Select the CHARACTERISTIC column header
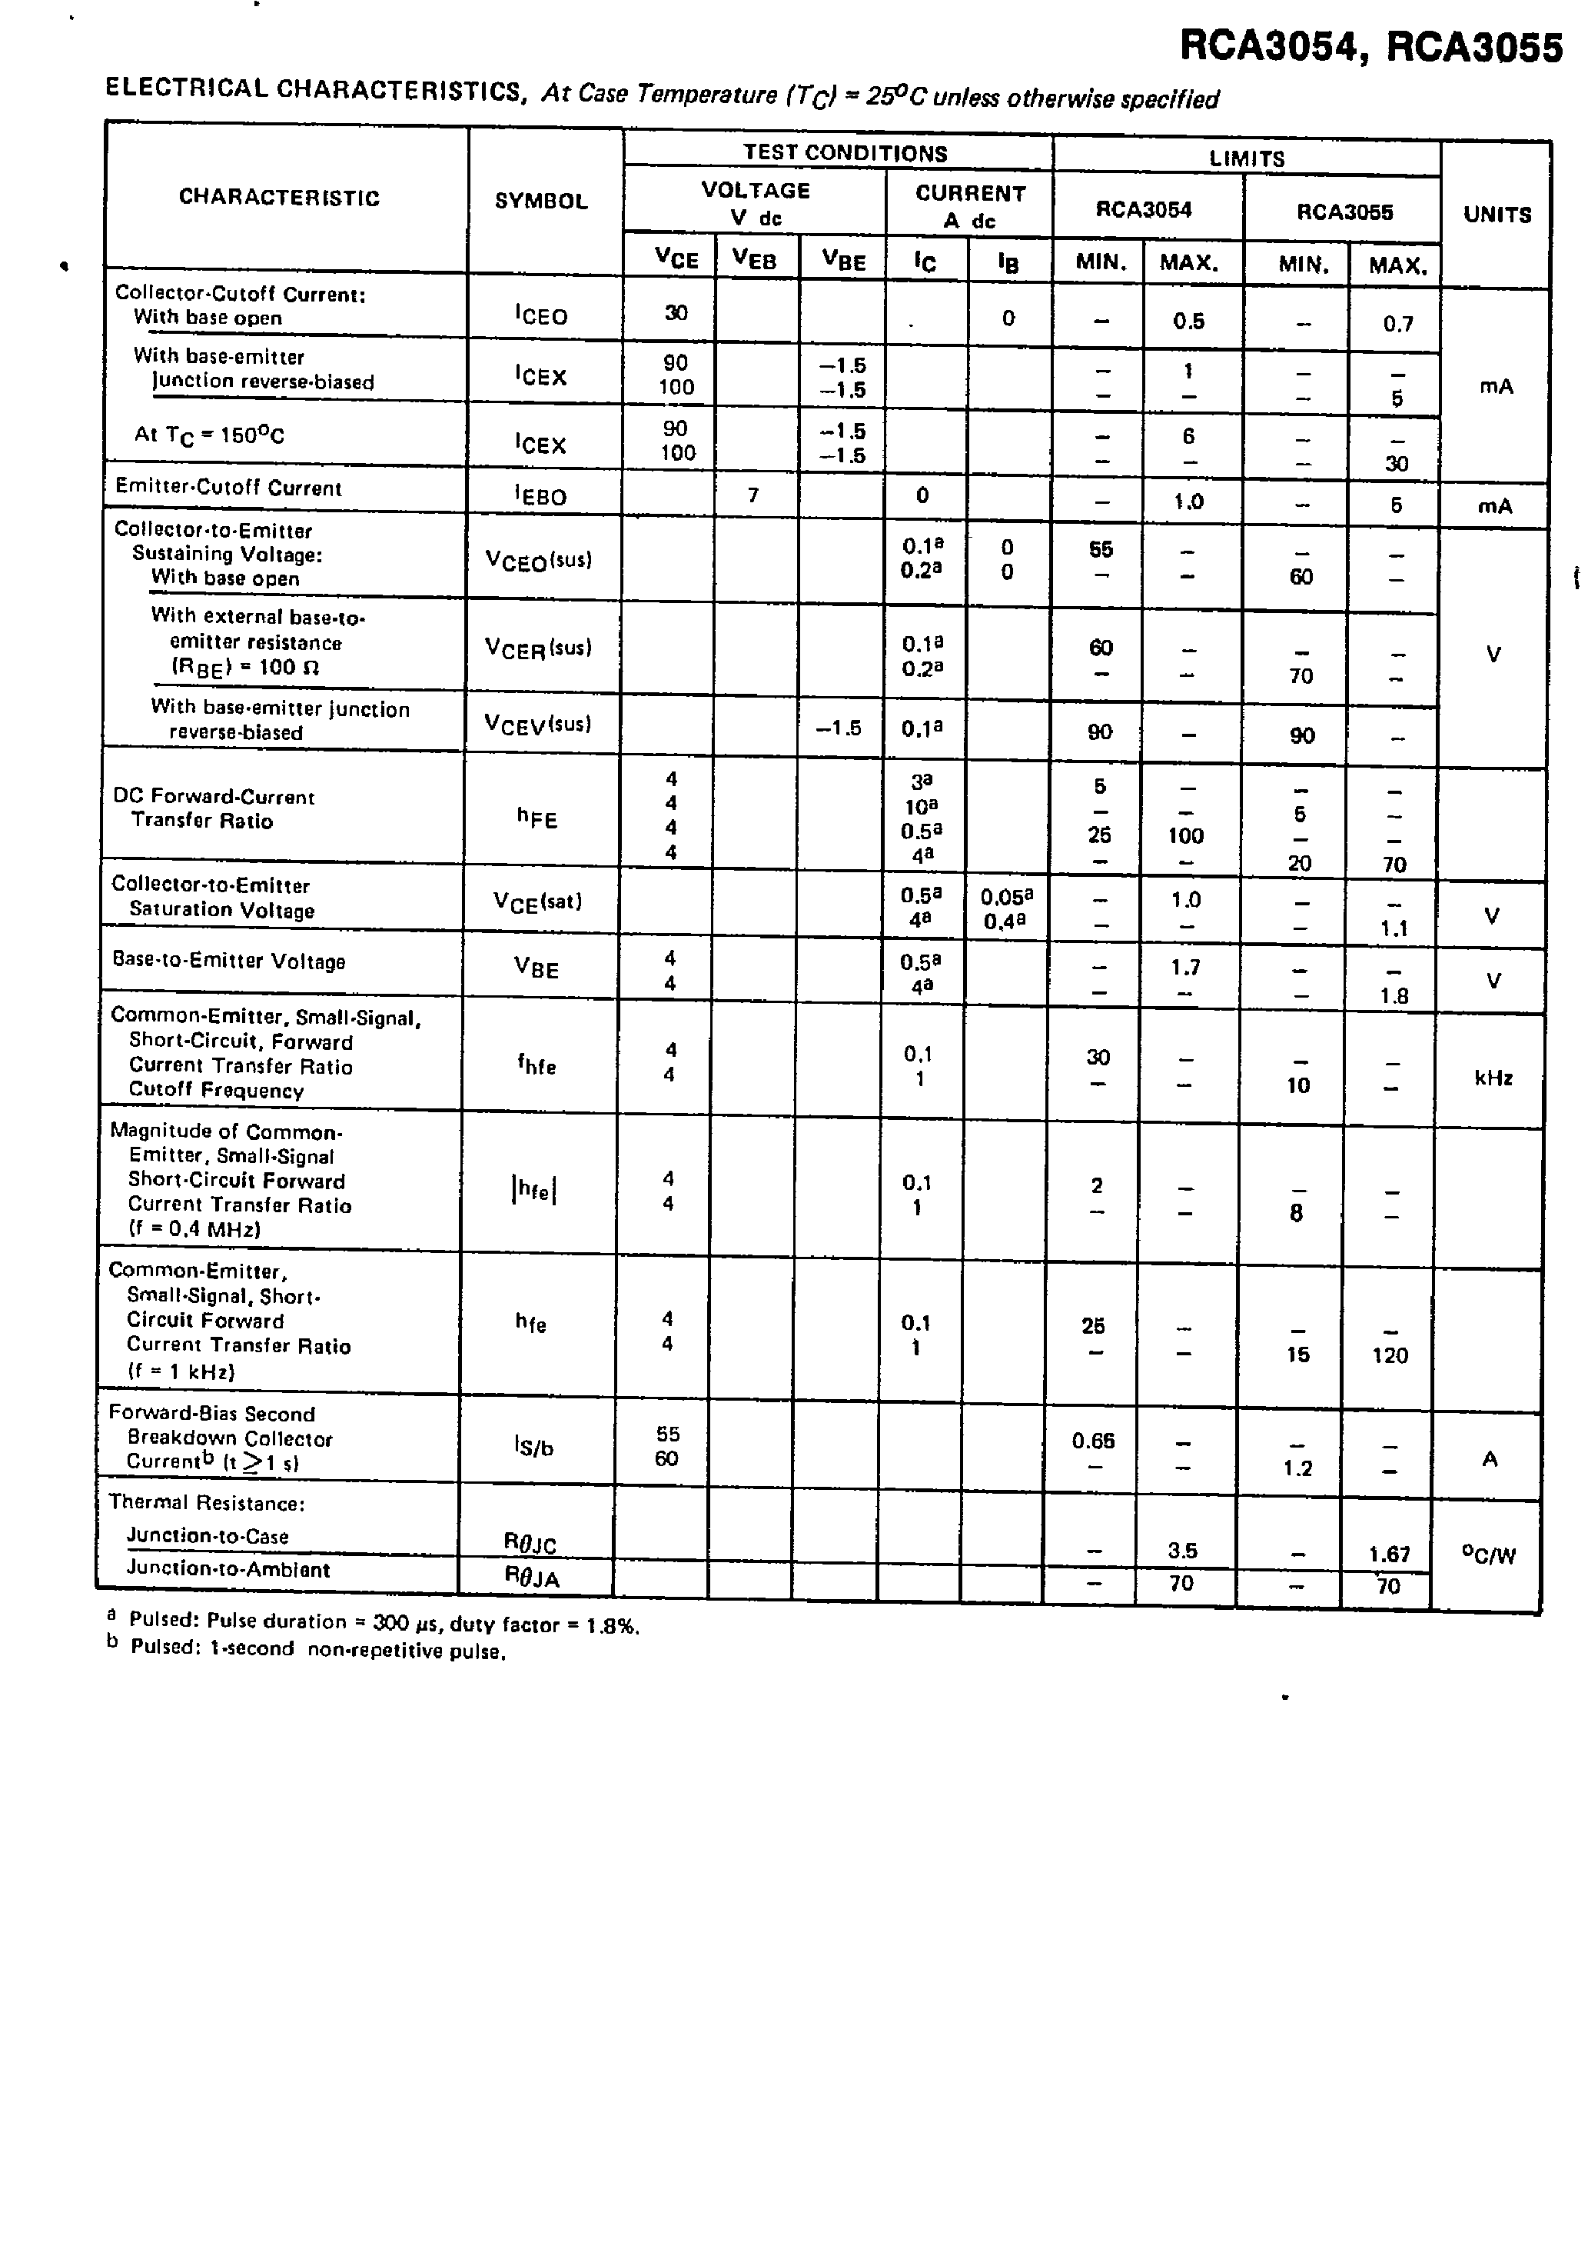click(279, 197)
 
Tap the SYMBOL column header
click(541, 201)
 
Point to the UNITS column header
click(1496, 215)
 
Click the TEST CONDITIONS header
click(845, 152)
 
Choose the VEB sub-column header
click(754, 259)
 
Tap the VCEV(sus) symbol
click(538, 724)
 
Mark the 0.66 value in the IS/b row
click(1092, 1441)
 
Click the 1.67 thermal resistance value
click(1388, 1555)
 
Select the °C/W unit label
click(1487, 1555)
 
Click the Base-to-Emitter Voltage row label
click(229, 961)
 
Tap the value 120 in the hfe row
click(1390, 1355)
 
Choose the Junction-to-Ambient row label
click(228, 1569)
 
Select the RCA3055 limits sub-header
click(1344, 212)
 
